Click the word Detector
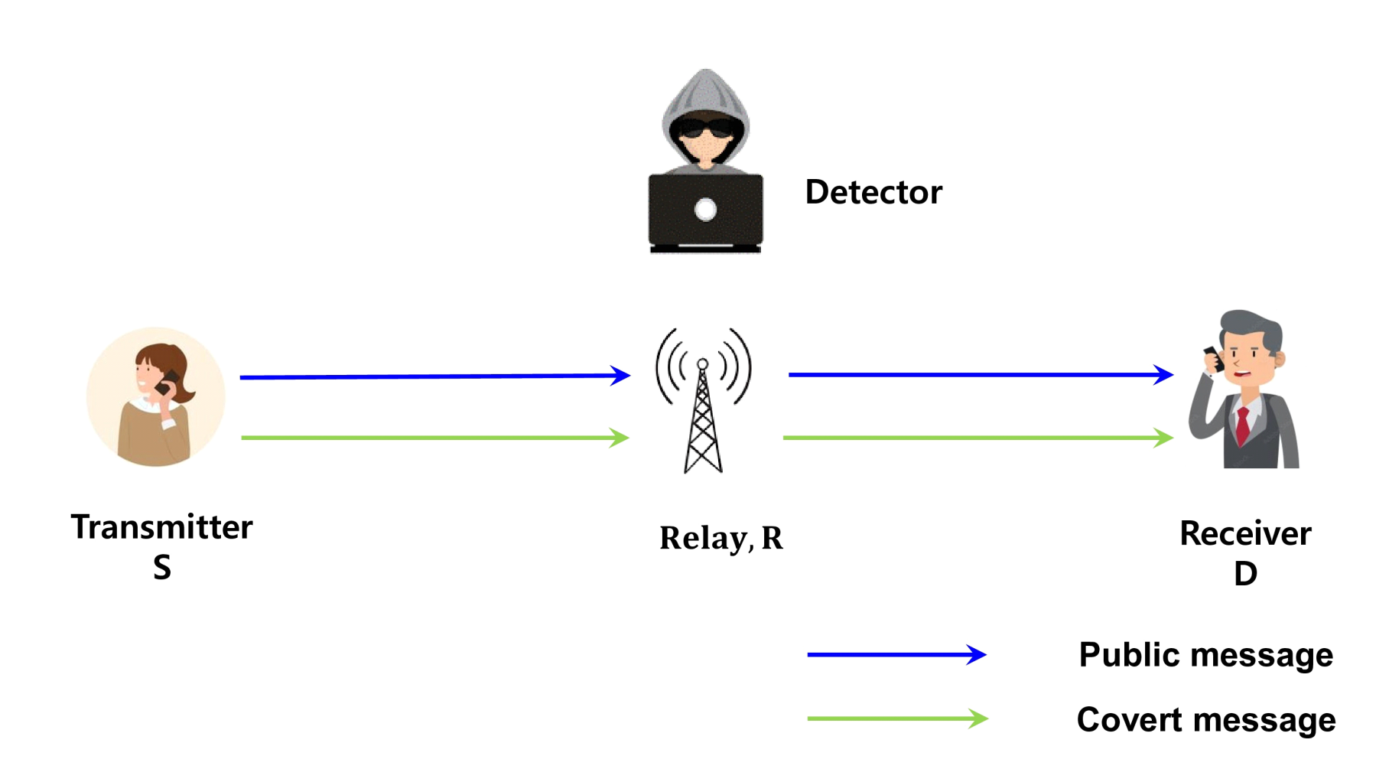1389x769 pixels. point(873,192)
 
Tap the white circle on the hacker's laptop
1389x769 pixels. point(705,209)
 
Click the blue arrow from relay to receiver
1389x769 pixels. point(979,374)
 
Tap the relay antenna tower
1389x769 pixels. point(702,417)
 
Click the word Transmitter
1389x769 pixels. point(161,527)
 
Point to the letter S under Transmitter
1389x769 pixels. point(161,568)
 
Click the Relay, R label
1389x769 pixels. point(721,538)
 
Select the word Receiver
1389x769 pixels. point(1244,533)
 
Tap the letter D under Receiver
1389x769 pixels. point(1245,574)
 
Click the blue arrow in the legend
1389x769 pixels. point(896,654)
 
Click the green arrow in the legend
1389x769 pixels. point(896,718)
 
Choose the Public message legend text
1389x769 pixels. point(1205,655)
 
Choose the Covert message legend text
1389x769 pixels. point(1205,720)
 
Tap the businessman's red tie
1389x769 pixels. point(1243,425)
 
